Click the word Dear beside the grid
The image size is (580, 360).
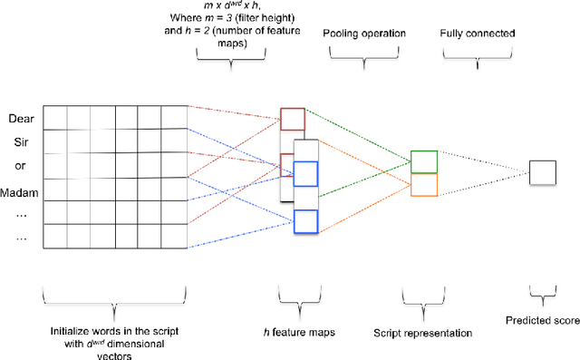click(x=20, y=119)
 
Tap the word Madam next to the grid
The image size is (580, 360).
click(x=20, y=190)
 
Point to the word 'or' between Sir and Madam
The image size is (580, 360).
click(x=20, y=166)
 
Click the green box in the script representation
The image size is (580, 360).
click(x=424, y=161)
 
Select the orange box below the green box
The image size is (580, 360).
click(x=424, y=184)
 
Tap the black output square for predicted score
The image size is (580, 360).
click(x=541, y=172)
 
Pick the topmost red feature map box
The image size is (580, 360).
click(x=293, y=119)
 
